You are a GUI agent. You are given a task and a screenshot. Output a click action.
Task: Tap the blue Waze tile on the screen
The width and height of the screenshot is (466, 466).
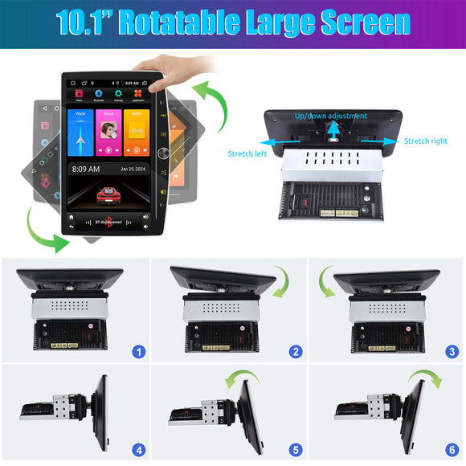point(81,133)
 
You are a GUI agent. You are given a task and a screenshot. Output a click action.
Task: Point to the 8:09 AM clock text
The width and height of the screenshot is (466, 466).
point(86,170)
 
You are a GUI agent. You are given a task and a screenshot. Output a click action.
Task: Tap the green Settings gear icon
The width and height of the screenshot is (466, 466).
point(118,94)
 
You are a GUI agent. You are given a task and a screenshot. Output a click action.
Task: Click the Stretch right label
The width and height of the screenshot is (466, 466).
point(425,141)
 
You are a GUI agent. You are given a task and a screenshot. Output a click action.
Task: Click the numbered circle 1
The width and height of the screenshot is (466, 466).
point(140,351)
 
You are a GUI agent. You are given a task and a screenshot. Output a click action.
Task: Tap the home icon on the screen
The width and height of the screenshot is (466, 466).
point(72,217)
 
